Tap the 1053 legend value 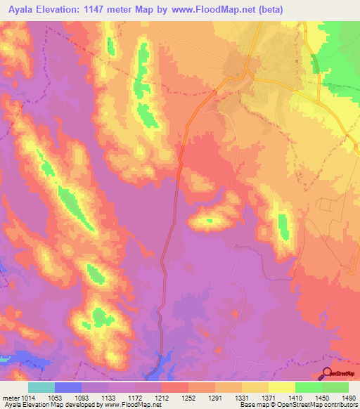[54, 397]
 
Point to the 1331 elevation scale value [241, 397]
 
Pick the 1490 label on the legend [347, 397]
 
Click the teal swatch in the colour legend [41, 387]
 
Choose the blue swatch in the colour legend [68, 387]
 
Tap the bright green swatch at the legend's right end [335, 387]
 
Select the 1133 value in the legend [108, 397]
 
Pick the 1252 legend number [188, 397]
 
